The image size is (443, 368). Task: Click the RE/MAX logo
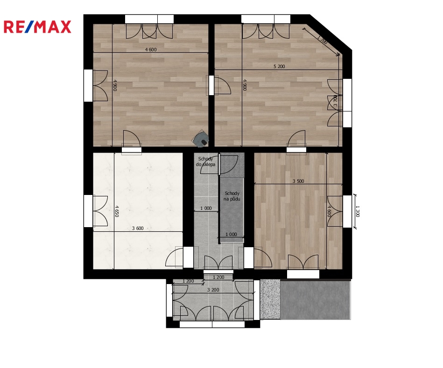coord(37,27)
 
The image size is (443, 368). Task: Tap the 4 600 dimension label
coord(151,49)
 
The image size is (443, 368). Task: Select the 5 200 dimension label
coord(279,67)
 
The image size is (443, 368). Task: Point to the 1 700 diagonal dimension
coord(323,40)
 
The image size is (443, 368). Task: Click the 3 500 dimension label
coord(298,181)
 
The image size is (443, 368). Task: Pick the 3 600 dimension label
coord(138,228)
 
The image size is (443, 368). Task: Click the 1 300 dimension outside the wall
coord(357,211)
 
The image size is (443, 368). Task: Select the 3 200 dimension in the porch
coord(213,290)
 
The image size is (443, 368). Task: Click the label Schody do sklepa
coord(206,162)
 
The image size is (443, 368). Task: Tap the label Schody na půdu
coord(232,196)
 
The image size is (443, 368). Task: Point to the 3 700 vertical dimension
coord(335,101)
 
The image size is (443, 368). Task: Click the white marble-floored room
coord(138,211)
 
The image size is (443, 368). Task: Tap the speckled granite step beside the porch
coord(270,299)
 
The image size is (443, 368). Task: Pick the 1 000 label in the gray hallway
coord(206,208)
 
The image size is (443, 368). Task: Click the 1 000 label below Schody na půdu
coord(231,234)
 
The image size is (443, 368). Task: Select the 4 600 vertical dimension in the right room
coord(329,211)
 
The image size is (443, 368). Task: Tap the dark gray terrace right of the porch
coord(316,299)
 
